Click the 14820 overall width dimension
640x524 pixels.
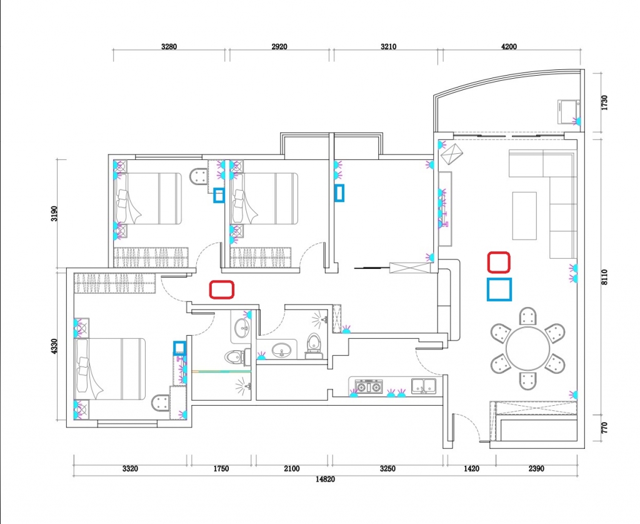325,479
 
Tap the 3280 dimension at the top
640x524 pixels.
169,46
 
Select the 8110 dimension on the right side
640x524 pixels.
604,277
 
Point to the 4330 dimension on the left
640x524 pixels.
55,346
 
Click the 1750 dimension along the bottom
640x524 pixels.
221,468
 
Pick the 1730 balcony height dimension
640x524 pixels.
604,103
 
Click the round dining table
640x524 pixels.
527,348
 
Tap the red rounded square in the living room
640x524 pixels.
499,262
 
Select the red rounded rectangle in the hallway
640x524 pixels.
222,290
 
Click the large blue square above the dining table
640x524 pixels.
499,289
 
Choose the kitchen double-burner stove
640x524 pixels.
369,386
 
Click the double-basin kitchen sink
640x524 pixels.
424,386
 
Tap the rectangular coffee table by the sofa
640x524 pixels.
524,216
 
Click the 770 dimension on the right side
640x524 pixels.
604,428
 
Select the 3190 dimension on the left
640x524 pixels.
55,213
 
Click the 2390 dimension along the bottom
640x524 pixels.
536,468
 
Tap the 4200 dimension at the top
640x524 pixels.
509,46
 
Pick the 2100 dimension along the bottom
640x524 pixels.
291,468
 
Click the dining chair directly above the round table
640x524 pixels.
527,316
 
